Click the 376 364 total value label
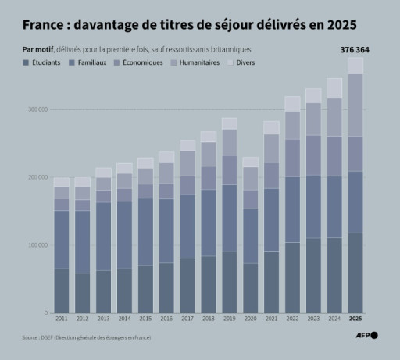(355, 49)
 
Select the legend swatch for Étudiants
(27, 62)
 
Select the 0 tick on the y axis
(45, 313)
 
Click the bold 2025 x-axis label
(355, 320)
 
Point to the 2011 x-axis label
(61, 320)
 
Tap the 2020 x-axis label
(250, 320)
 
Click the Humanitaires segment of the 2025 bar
(355, 105)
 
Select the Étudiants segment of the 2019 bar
(229, 282)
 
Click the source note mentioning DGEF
(86, 337)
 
